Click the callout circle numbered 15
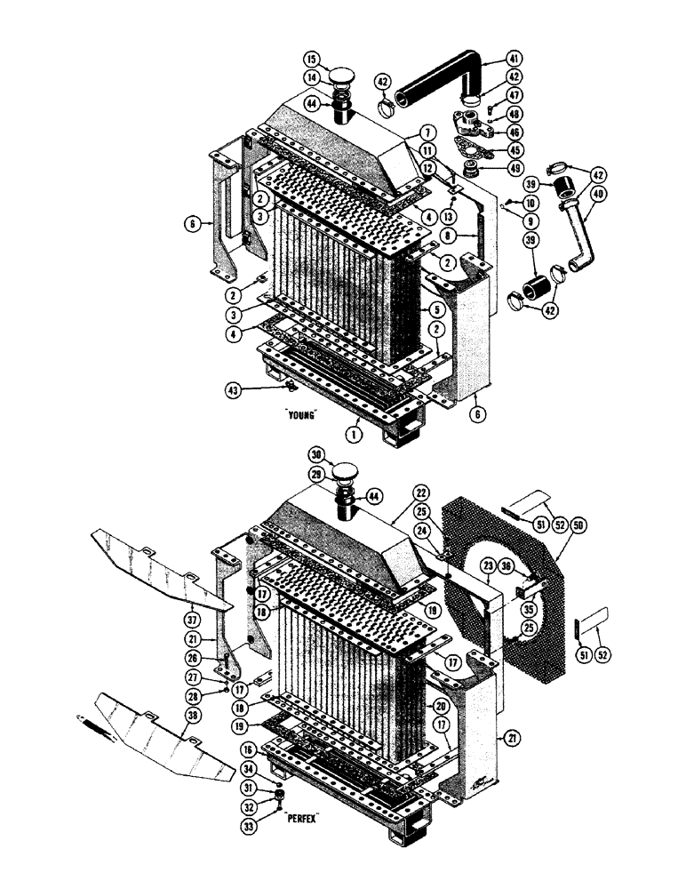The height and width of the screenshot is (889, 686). coord(312,60)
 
